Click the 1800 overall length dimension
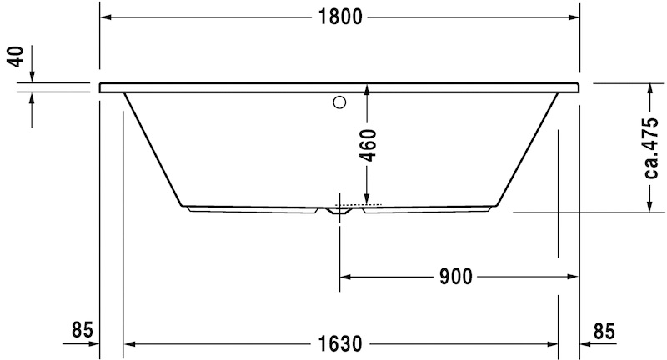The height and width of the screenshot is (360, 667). coord(339,17)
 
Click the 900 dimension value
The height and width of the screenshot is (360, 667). coord(456,276)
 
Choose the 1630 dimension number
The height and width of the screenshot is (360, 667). coord(339,342)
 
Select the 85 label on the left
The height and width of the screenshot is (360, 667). coord(81,330)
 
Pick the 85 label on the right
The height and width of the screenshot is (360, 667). coord(604,330)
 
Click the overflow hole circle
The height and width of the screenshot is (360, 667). coord(339,103)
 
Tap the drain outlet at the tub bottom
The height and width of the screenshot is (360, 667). coord(339,212)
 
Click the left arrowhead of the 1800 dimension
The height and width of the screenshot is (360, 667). coord(106,17)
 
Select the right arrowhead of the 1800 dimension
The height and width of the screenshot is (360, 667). coord(574,17)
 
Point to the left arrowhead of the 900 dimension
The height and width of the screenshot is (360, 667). coord(345,276)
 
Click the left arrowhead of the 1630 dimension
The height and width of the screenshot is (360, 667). coord(129,342)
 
